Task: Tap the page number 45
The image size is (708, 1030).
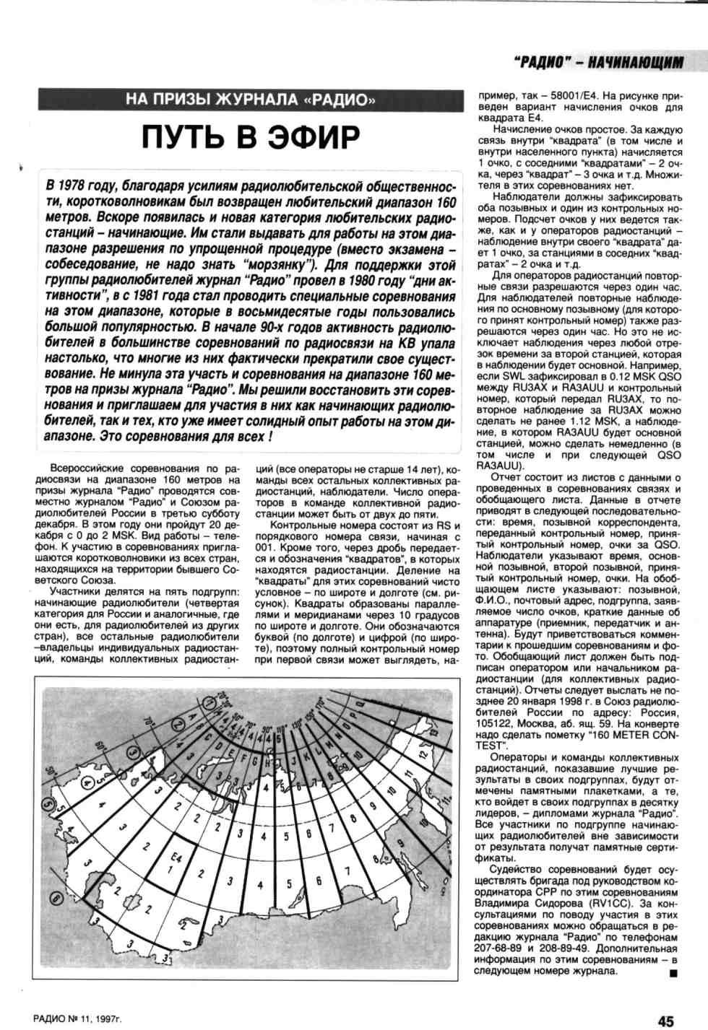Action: pyautogui.click(x=665, y=1021)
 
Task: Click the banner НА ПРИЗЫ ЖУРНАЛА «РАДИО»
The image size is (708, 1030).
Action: pyautogui.click(x=250, y=100)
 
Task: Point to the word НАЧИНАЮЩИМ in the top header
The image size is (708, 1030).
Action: pyautogui.click(x=636, y=65)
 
